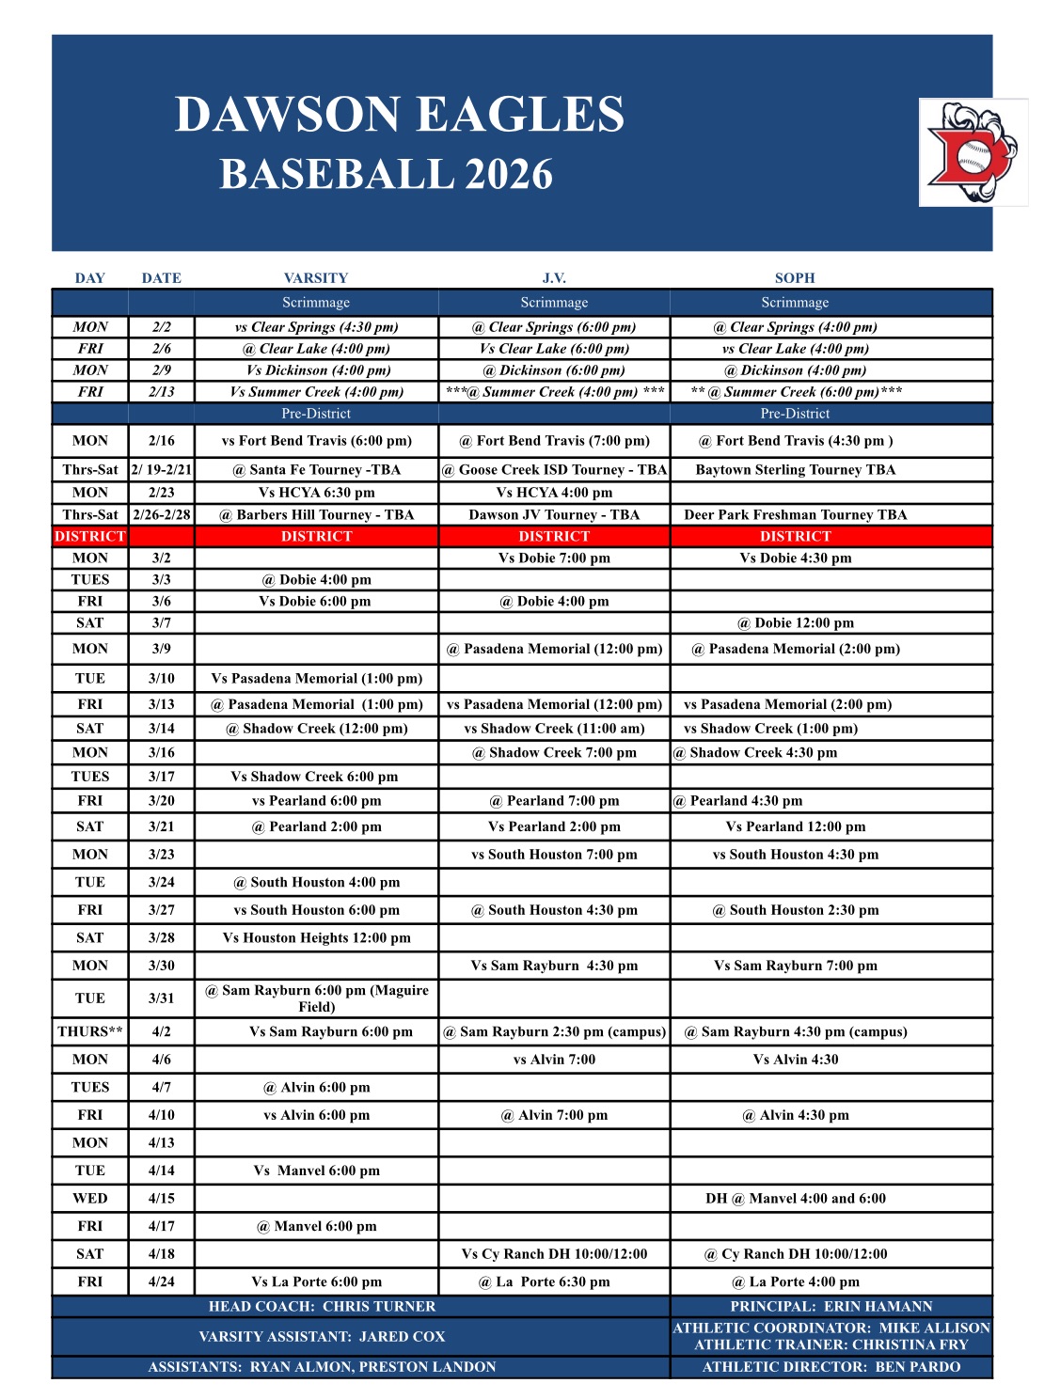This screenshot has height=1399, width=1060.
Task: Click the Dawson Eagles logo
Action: click(973, 152)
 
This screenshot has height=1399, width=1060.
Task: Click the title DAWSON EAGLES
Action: click(400, 115)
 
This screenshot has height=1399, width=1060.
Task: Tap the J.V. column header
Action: click(554, 278)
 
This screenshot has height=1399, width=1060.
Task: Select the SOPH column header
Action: click(795, 278)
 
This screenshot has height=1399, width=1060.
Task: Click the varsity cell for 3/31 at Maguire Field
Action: click(317, 998)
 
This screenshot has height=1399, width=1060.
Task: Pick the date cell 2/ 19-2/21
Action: click(162, 470)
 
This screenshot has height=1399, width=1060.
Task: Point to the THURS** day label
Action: click(90, 1031)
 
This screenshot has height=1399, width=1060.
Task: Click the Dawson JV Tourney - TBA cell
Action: click(554, 515)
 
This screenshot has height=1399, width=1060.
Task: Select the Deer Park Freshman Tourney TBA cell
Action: click(796, 515)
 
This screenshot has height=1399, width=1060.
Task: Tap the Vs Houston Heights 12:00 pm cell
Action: click(317, 937)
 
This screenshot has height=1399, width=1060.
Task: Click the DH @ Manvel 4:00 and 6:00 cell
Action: click(796, 1199)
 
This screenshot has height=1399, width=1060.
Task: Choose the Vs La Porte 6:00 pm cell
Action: click(317, 1281)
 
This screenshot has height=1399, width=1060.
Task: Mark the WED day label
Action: click(90, 1199)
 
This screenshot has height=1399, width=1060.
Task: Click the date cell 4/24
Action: click(162, 1281)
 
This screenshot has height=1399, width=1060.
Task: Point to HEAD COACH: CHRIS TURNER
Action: click(323, 1307)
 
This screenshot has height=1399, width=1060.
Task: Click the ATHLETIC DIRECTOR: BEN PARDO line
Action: click(831, 1367)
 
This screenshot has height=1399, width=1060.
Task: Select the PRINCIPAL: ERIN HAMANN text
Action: click(831, 1307)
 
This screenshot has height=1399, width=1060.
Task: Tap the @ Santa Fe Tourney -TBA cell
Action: click(317, 470)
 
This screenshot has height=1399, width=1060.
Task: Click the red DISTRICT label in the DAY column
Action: click(90, 537)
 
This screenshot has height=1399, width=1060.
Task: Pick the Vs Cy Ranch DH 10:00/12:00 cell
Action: click(554, 1254)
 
